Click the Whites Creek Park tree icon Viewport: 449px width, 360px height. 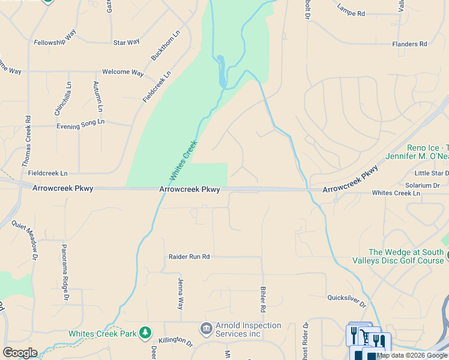pyautogui.click(x=145, y=332)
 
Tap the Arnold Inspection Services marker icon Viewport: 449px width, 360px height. pyautogui.click(x=206, y=329)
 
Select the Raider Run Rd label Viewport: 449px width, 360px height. pyautogui.click(x=189, y=257)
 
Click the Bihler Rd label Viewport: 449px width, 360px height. pyautogui.click(x=262, y=299)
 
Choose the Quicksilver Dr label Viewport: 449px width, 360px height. pyautogui.click(x=346, y=298)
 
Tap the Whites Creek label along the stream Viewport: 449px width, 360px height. pyautogui.click(x=184, y=160)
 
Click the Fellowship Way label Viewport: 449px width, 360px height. pyautogui.click(x=55, y=38)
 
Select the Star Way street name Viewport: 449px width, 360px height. pyautogui.click(x=127, y=42)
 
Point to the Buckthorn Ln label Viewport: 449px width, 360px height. pyautogui.click(x=158, y=46)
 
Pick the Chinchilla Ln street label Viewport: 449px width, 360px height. pyautogui.click(x=62, y=98)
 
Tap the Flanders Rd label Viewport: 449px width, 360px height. pyautogui.click(x=409, y=44)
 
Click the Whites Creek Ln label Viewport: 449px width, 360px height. pyautogui.click(x=396, y=193)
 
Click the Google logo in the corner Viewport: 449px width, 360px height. pyautogui.click(x=20, y=353)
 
